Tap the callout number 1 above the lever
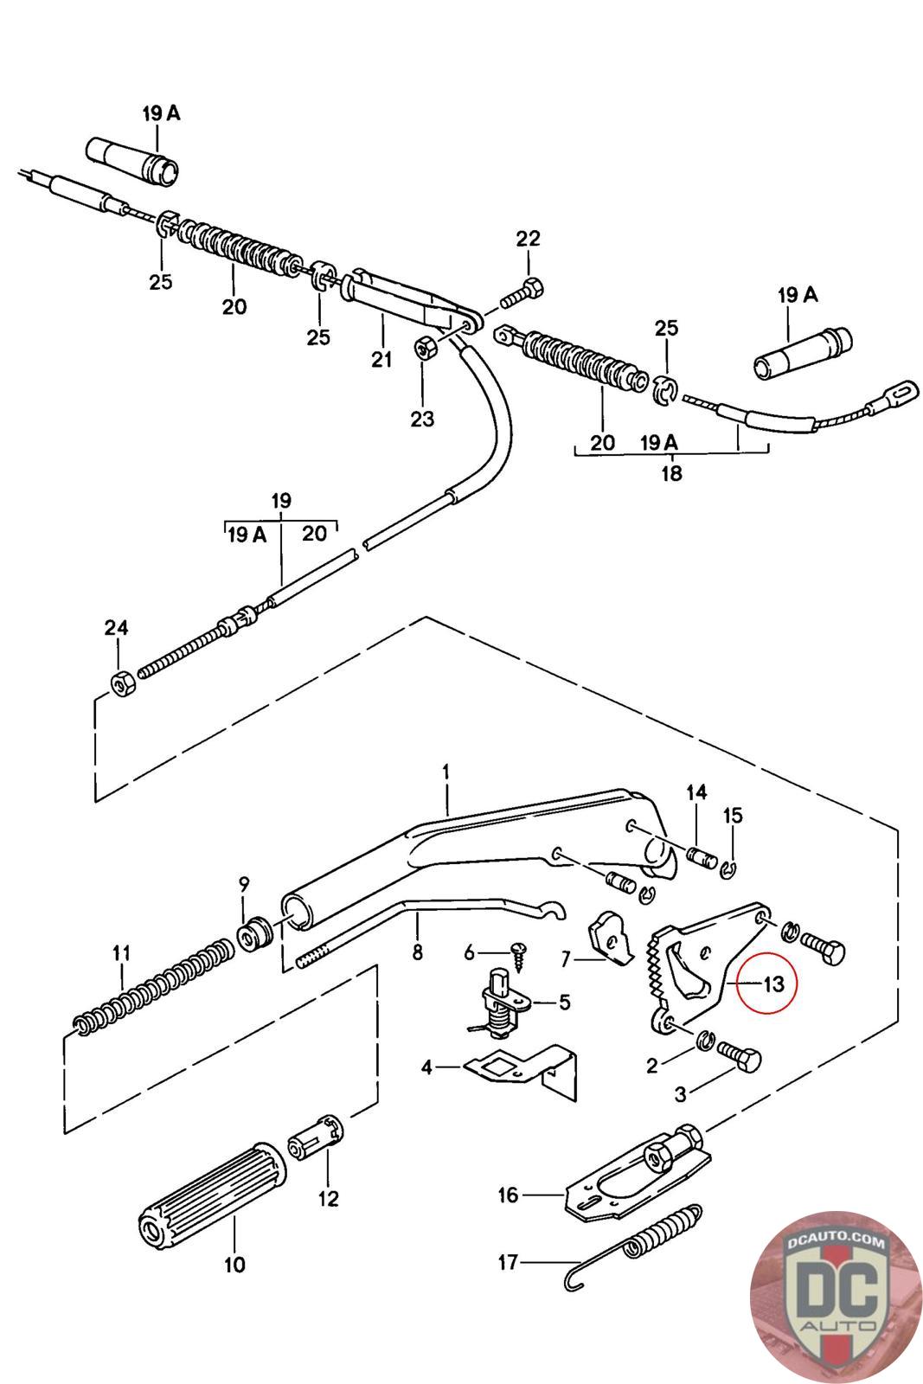(446, 770)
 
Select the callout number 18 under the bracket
(671, 473)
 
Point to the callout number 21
(381, 358)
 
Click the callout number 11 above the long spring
(121, 953)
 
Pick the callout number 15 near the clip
(733, 815)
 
